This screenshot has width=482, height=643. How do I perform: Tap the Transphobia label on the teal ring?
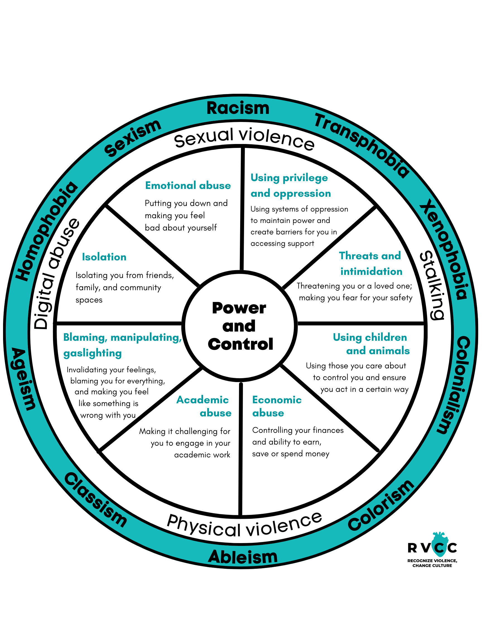(x=362, y=145)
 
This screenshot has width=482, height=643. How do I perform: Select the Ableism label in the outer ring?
(x=243, y=557)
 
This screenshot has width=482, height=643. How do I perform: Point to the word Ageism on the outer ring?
(x=23, y=378)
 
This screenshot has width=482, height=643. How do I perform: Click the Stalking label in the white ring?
(x=432, y=285)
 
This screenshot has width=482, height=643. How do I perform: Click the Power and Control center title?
(x=240, y=326)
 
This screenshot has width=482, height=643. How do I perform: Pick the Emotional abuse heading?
(x=188, y=186)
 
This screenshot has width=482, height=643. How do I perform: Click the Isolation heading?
(x=104, y=257)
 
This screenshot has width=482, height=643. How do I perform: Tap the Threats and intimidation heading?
(x=370, y=263)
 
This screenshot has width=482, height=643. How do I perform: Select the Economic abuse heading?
(x=277, y=406)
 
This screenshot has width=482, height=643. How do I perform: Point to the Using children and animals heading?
(x=371, y=344)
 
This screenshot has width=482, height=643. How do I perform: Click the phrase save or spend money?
(x=291, y=454)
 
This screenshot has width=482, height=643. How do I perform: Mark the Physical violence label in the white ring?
(x=244, y=526)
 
